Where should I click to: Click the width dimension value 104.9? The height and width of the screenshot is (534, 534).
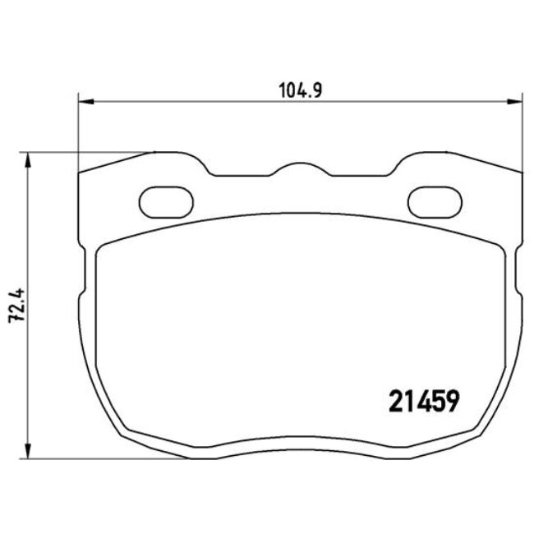[x=300, y=89]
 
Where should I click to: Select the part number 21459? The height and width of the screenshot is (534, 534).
[x=421, y=403]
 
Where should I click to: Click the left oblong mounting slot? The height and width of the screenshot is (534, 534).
[x=165, y=200]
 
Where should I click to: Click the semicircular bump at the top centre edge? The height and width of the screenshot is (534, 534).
[x=299, y=169]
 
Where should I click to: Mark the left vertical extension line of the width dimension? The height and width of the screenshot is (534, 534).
[x=78, y=131]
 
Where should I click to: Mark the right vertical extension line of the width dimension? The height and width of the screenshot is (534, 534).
[x=522, y=131]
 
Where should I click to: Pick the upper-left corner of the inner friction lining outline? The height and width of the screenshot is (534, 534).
[x=100, y=250]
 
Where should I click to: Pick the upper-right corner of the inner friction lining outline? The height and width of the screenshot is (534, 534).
[x=500, y=250]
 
